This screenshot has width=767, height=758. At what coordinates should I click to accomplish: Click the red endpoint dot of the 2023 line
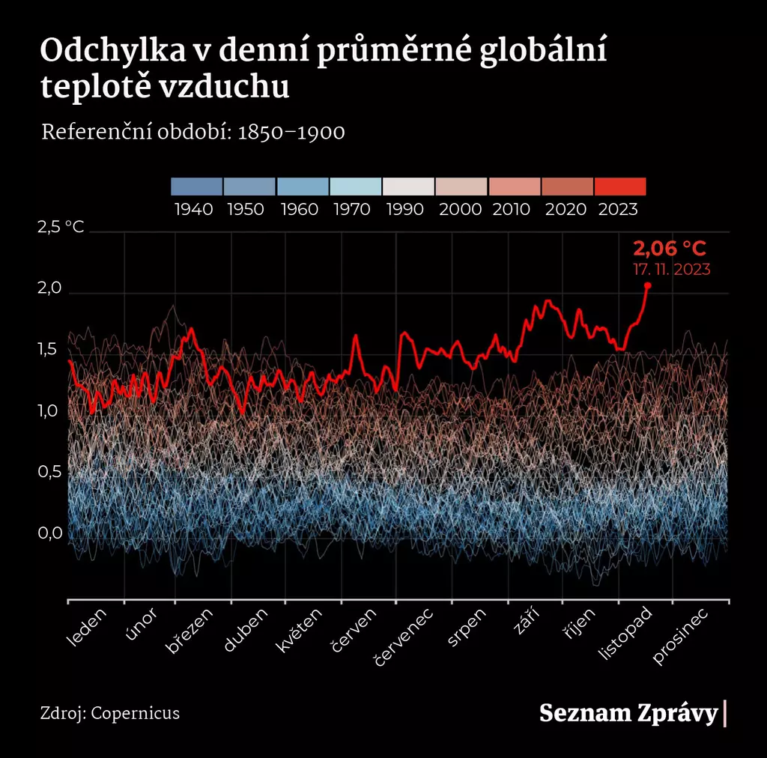647,285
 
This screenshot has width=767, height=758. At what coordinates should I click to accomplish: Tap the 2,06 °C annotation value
670,249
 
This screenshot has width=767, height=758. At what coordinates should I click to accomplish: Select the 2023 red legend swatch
619,187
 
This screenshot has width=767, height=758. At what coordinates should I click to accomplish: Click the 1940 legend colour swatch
196,187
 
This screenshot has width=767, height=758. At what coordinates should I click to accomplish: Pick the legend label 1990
408,209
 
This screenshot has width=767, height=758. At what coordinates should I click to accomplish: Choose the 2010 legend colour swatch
514,187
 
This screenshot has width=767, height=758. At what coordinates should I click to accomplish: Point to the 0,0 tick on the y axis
52,533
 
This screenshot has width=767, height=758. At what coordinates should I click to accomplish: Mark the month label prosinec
681,637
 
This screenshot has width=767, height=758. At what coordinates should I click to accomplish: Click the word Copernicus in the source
136,712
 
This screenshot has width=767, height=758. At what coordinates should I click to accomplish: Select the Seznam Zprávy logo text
628,713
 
